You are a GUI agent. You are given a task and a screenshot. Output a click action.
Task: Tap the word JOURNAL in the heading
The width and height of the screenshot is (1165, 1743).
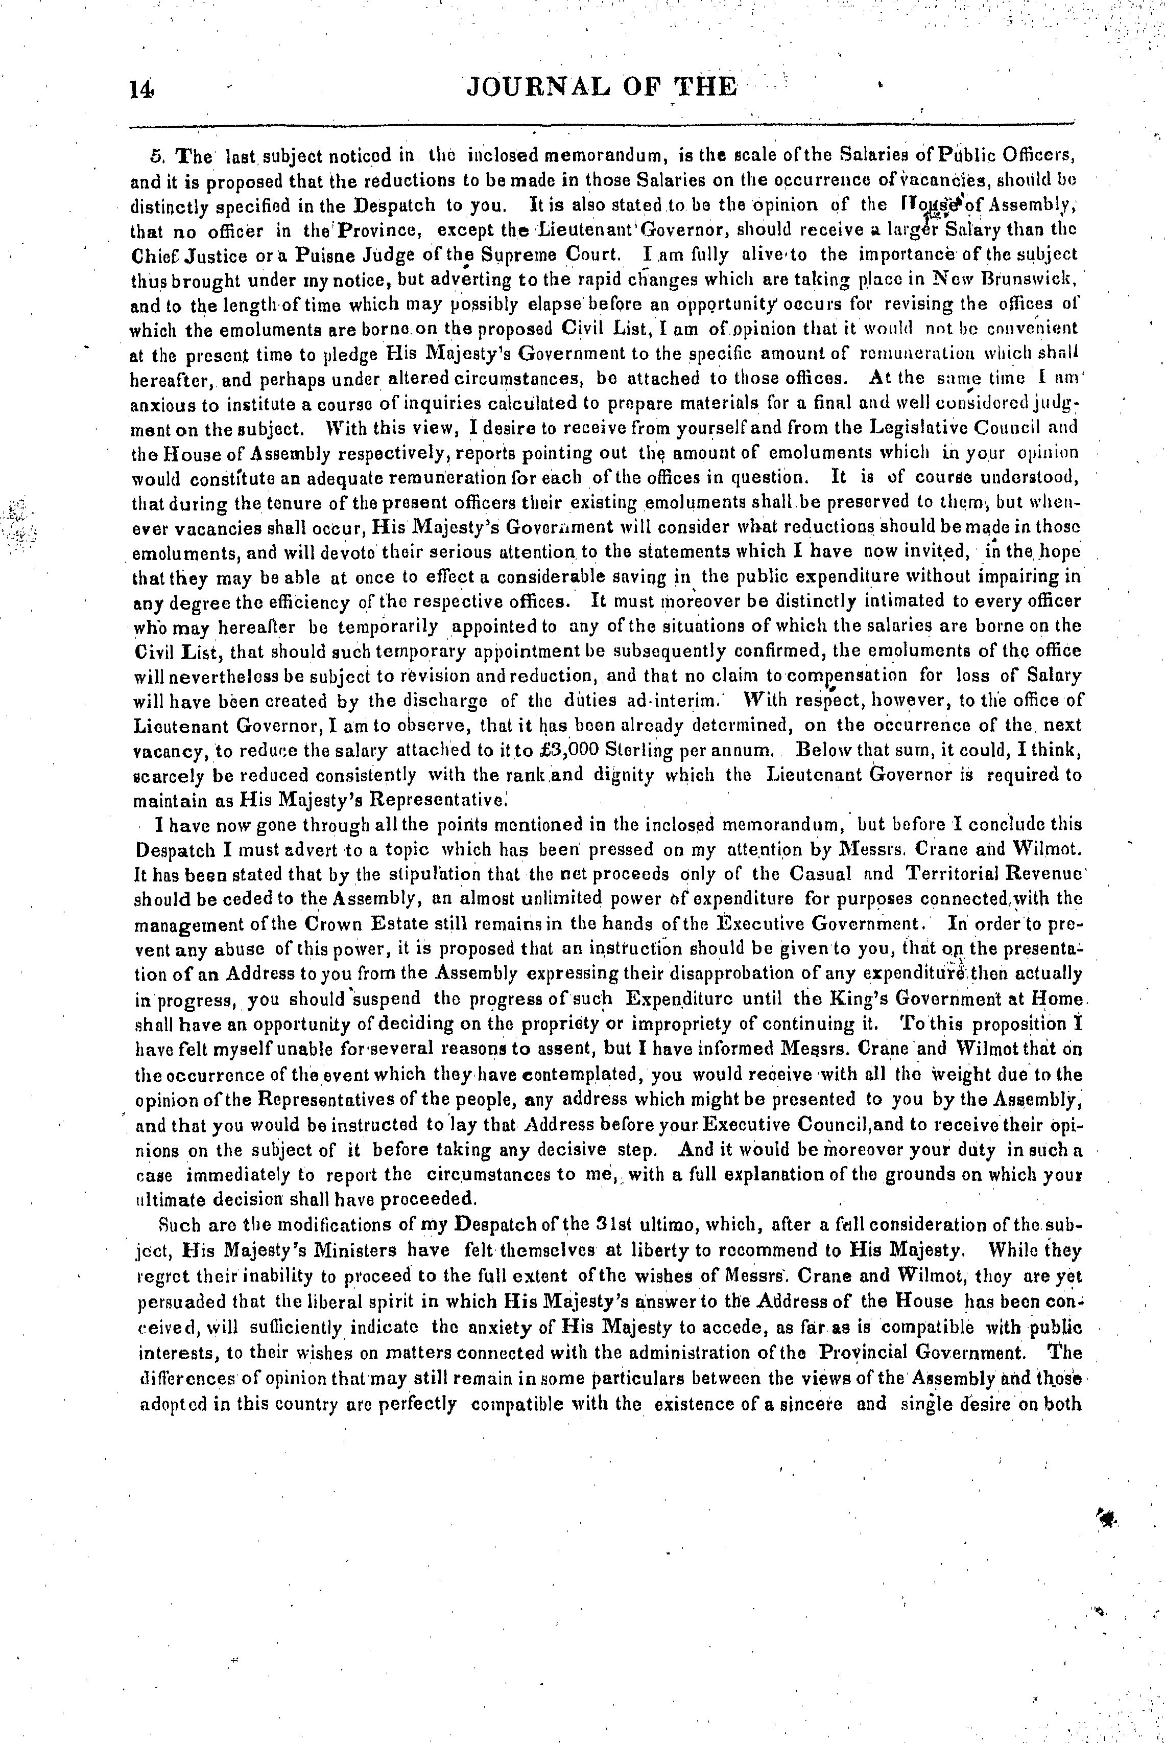coord(538,87)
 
